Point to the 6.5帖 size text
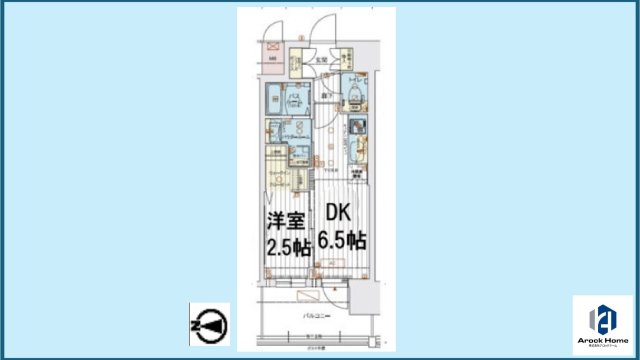(341, 241)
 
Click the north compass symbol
(209, 324)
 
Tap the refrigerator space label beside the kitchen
(356, 176)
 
